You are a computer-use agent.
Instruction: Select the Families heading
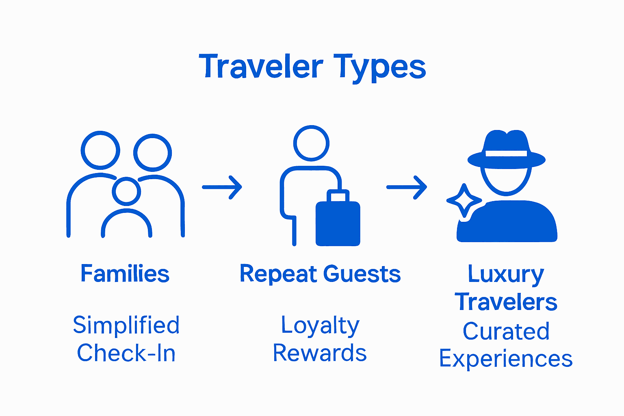125,274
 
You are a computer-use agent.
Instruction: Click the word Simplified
126,325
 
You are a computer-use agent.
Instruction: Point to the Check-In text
126,353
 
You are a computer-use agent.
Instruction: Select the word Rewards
320,353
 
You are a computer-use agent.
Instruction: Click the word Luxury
506,275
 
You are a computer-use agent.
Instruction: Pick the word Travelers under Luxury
506,303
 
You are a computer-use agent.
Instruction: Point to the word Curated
506,331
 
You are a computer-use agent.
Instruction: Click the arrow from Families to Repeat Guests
222,187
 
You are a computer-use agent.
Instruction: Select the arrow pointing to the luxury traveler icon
406,187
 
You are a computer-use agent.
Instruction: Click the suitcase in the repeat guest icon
338,221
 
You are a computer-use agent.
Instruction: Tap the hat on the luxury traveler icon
506,150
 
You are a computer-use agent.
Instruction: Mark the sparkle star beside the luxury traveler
464,200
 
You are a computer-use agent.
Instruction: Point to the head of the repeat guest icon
311,143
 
